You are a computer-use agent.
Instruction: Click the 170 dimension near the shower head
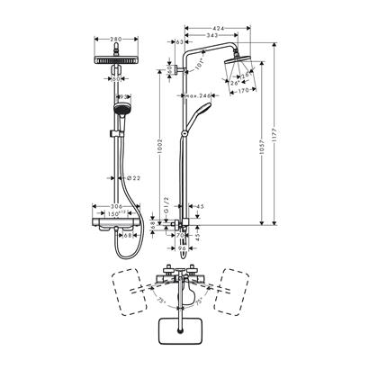(x=243, y=90)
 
